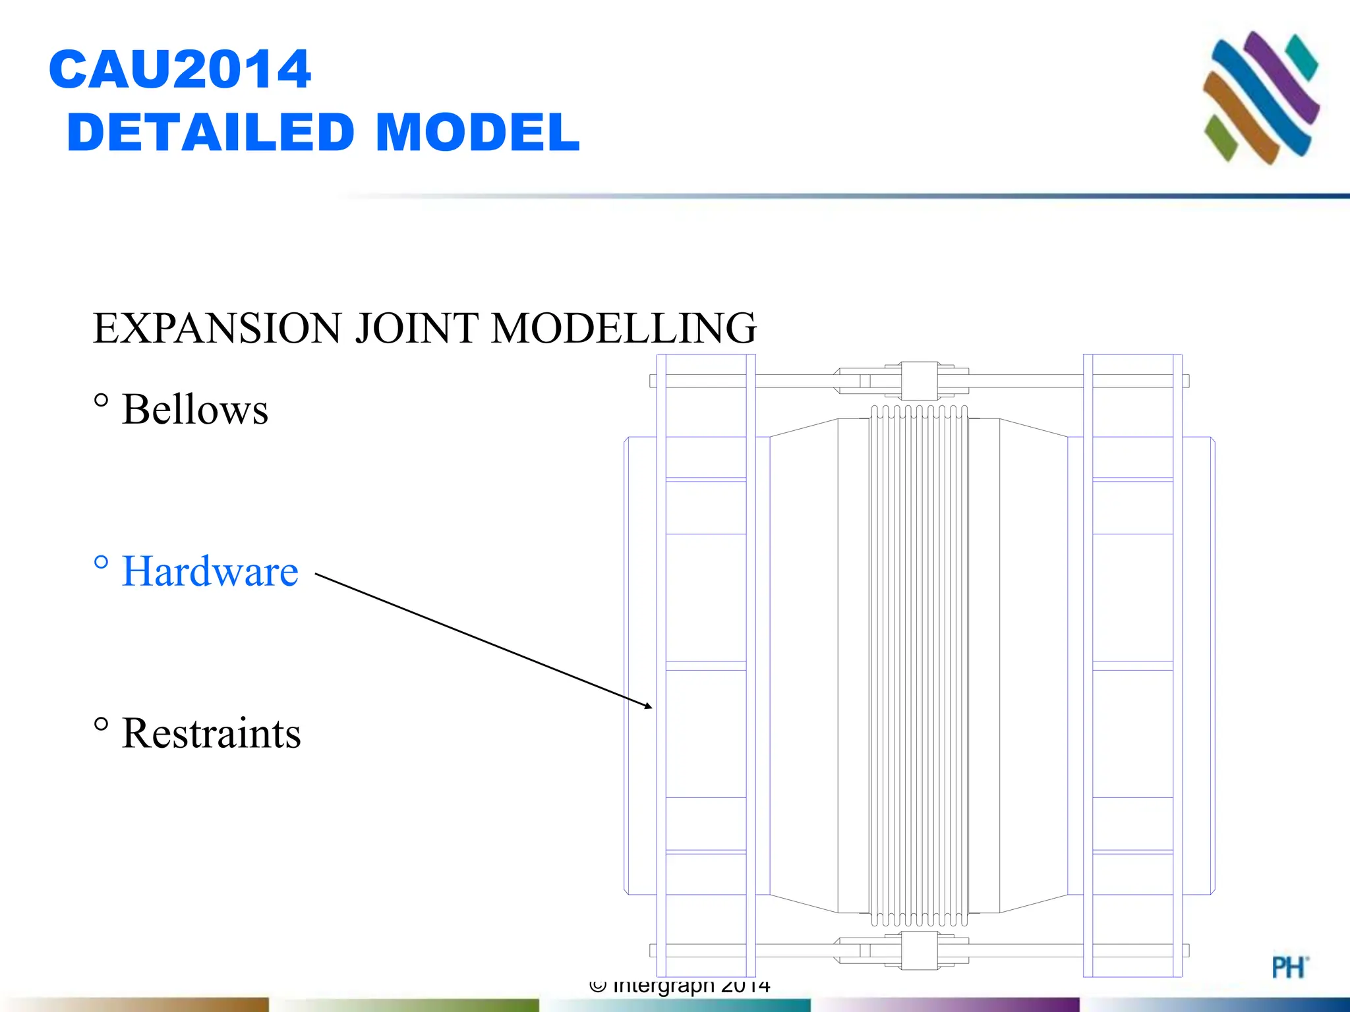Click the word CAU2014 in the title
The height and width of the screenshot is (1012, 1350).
coord(179,69)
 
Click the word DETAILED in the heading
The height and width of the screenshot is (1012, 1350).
coord(211,132)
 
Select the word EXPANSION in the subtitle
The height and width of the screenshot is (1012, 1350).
coord(218,328)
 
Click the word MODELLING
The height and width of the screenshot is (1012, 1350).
coord(624,328)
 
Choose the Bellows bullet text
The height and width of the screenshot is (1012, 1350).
coord(195,410)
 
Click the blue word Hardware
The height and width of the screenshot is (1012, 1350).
coord(210,571)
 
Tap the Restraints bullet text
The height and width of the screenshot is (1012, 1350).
coord(211,733)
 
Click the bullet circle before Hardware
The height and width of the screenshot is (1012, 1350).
coord(101,562)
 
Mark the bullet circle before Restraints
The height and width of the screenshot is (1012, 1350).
coord(101,724)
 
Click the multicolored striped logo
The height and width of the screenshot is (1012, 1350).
coord(1260,97)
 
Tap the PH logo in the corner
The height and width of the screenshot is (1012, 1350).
coord(1289,967)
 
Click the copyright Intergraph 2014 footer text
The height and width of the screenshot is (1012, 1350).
coord(680,986)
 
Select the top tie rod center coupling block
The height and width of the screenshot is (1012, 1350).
coord(920,381)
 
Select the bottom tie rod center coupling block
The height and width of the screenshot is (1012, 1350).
coord(920,950)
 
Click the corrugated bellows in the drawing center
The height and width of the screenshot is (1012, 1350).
coord(919,665)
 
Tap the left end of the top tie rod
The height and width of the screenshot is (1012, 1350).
coord(653,381)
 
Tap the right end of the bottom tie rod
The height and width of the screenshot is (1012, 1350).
coord(1186,950)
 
